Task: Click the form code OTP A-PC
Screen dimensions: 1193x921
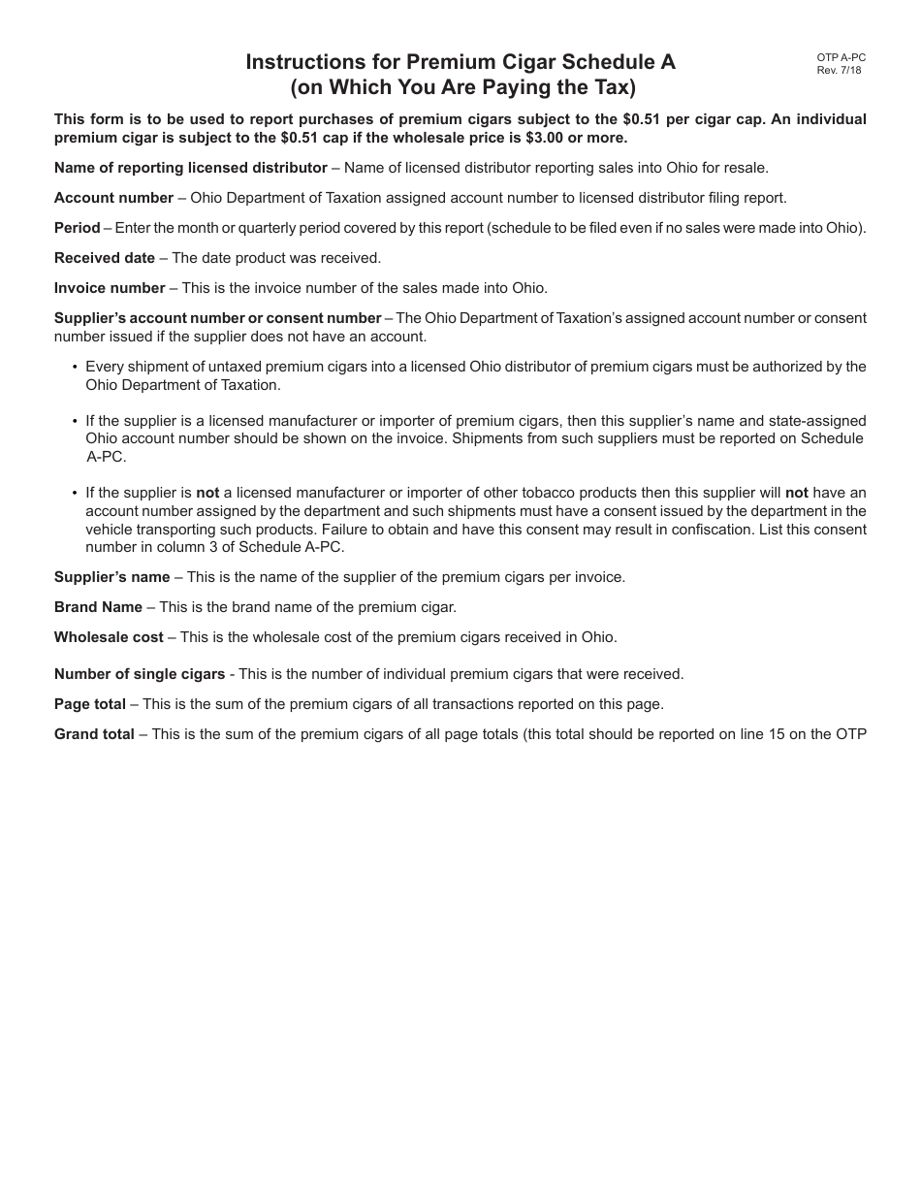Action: point(841,58)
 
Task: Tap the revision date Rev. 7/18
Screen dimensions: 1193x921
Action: point(839,70)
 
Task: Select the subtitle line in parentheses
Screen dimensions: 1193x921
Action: point(461,87)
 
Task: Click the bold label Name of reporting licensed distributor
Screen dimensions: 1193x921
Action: point(191,168)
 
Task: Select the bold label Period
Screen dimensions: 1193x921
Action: point(78,228)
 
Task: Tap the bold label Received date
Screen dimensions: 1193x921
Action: point(105,258)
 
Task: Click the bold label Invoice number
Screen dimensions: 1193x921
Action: point(110,288)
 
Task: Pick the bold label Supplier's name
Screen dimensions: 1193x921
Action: point(112,577)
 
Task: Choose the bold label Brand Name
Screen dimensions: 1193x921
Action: point(98,607)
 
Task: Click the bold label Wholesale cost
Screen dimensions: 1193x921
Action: point(109,637)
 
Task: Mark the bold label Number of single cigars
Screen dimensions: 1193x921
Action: point(140,674)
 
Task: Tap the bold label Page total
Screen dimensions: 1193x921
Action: point(90,704)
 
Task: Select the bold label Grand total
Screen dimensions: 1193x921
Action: point(94,734)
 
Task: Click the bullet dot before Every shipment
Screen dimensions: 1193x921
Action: point(76,368)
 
